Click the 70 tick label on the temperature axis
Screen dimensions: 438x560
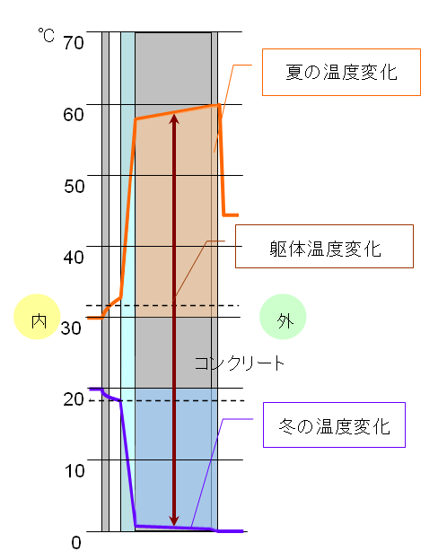pyautogui.click(x=74, y=42)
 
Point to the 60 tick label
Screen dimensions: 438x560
pyautogui.click(x=74, y=114)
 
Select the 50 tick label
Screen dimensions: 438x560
pyautogui.click(x=74, y=186)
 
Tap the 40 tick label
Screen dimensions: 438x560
pyautogui.click(x=74, y=257)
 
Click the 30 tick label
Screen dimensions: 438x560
pyautogui.click(x=71, y=328)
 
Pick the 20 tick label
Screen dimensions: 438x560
pyautogui.click(x=74, y=399)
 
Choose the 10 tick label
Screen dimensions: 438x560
pyautogui.click(x=74, y=471)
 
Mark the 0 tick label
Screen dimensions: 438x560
pyautogui.click(x=76, y=542)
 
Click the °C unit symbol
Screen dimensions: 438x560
pyautogui.click(x=47, y=35)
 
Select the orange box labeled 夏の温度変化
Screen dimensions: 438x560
pyautogui.click(x=342, y=72)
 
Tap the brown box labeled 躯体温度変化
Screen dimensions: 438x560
pyautogui.click(x=324, y=247)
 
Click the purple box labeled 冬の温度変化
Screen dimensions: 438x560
pyautogui.click(x=335, y=425)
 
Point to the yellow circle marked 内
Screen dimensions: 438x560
pyautogui.click(x=37, y=317)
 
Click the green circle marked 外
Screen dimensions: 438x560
pyautogui.click(x=283, y=317)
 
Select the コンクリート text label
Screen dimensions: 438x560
pyautogui.click(x=240, y=363)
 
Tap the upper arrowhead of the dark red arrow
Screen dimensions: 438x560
pyautogui.click(x=174, y=118)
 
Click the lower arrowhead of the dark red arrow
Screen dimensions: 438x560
pyautogui.click(x=174, y=521)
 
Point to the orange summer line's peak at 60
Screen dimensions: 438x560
pyautogui.click(x=219, y=104)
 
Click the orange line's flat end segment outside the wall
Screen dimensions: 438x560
pyautogui.click(x=231, y=215)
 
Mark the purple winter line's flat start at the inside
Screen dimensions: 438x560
pyautogui.click(x=96, y=389)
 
